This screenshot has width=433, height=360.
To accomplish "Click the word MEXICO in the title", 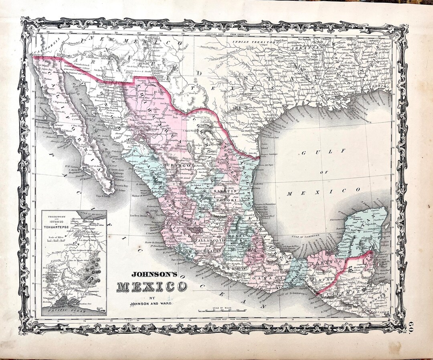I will (x=152, y=287).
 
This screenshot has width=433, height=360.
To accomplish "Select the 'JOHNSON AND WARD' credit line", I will (x=152, y=303).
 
